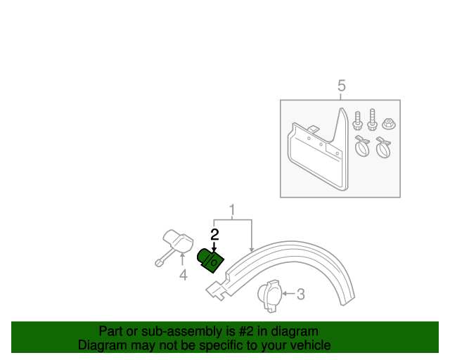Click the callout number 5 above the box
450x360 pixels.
coord(341,86)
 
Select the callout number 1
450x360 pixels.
coord(231,210)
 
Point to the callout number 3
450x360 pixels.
coord(300,295)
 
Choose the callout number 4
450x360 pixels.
coord(183,276)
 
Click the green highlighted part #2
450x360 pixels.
coord(210,260)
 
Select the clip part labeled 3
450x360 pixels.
coord(269,294)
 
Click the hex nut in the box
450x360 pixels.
coord(387,125)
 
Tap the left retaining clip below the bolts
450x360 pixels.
coord(363,148)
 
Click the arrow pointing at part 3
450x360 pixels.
coord(288,295)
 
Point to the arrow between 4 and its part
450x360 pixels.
coord(182,261)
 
